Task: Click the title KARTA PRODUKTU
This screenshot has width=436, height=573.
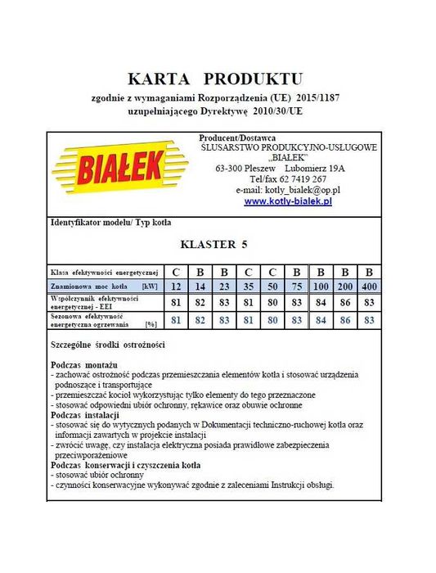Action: pyautogui.click(x=215, y=79)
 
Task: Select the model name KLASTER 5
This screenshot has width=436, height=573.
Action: pyautogui.click(x=214, y=244)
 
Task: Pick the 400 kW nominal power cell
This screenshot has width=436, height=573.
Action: pyautogui.click(x=369, y=286)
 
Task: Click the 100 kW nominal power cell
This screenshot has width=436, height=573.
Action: pyautogui.click(x=321, y=286)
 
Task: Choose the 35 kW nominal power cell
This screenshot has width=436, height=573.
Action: pyautogui.click(x=248, y=286)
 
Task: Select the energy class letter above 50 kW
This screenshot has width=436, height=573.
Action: pyautogui.click(x=272, y=272)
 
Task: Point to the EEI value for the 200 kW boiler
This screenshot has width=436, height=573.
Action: pyautogui.click(x=345, y=302)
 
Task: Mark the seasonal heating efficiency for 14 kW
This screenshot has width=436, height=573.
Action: pyautogui.click(x=200, y=319)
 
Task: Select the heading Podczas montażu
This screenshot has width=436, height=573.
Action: pyautogui.click(x=84, y=362)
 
